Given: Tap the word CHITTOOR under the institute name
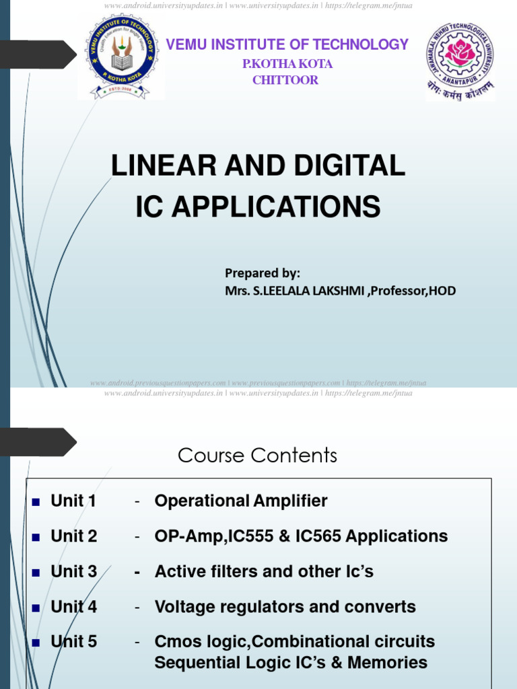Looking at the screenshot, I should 285,81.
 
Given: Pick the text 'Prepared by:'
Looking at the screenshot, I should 263,273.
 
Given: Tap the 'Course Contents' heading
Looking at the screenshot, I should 257,456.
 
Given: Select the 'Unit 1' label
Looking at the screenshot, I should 73,501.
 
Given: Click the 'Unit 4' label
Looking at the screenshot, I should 73,607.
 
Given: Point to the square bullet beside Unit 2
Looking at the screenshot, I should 36,537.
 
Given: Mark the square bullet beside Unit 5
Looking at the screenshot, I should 36,643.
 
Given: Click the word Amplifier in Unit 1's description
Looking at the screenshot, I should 290,501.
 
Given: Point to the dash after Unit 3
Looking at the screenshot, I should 138,573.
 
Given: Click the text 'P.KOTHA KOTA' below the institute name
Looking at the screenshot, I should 287,65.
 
